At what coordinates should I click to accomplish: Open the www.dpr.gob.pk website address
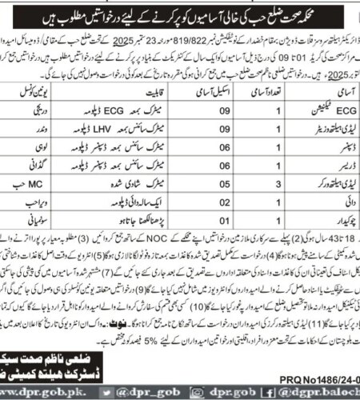coord(37,390)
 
